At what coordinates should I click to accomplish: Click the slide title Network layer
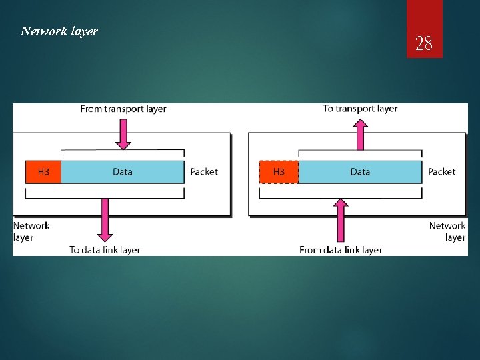point(59,31)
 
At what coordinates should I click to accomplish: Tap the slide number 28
point(424,45)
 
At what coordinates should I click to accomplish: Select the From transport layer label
point(123,109)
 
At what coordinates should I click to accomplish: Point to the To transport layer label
point(360,109)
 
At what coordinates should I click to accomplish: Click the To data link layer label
point(105,250)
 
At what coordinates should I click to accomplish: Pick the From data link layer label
point(341,250)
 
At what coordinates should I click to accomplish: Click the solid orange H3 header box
point(43,172)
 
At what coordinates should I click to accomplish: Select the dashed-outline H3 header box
point(279,172)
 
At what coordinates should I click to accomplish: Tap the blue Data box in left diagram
point(123,172)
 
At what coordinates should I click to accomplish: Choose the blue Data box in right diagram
point(360,172)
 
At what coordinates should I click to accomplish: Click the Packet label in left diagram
point(204,172)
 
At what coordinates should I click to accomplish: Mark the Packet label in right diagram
point(442,172)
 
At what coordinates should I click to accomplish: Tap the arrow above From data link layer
point(341,220)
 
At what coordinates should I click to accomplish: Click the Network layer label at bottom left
point(31,231)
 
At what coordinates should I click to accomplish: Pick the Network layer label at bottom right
point(448,231)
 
